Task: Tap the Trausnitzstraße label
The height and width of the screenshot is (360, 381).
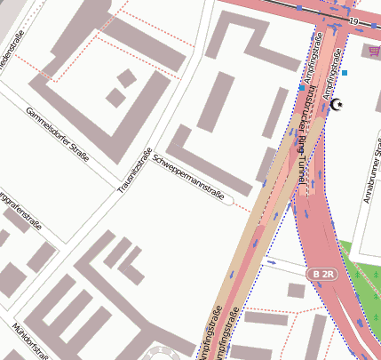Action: [x=135, y=171]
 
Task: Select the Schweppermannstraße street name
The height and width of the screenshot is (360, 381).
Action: [x=188, y=177]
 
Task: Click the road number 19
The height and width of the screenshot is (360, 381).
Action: [x=353, y=20]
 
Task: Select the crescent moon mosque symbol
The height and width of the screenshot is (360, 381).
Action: [x=336, y=106]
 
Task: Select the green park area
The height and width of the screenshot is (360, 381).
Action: [x=364, y=276]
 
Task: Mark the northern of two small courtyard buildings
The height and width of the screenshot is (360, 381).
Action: [x=127, y=77]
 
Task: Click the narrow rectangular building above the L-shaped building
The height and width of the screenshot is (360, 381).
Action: [x=216, y=103]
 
